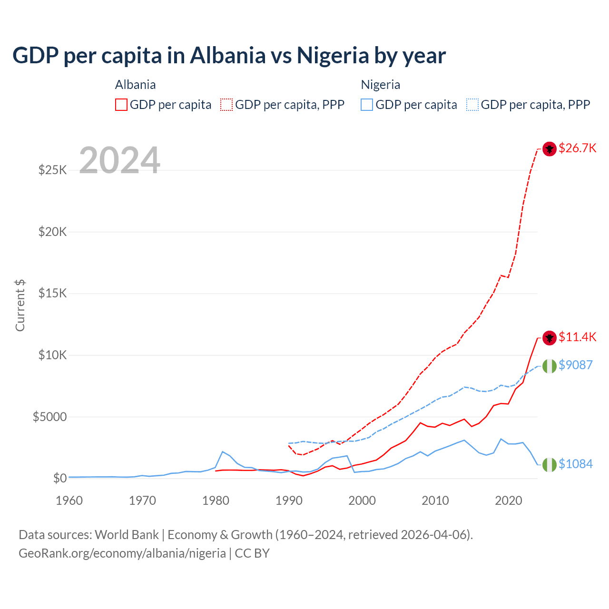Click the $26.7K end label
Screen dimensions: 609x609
[577, 148]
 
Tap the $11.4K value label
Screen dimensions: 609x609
[577, 337]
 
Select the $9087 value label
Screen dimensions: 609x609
[575, 365]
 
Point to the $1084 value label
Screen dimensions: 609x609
[575, 464]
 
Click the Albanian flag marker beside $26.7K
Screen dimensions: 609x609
[550, 149]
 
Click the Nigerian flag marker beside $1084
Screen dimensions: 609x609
[550, 465]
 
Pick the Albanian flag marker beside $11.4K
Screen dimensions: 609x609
[550, 338]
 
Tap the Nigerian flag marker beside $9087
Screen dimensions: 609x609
[550, 366]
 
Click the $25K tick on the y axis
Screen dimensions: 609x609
[52, 170]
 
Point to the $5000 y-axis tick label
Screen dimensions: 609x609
[49, 417]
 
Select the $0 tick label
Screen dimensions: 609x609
[59, 478]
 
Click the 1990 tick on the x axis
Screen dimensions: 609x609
[289, 501]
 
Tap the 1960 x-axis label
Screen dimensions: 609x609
[69, 501]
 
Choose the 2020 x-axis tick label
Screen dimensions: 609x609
[509, 501]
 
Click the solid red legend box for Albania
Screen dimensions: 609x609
[121, 105]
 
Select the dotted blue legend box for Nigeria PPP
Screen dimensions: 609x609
[472, 105]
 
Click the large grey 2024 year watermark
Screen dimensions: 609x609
[119, 160]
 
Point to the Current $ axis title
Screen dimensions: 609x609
[20, 305]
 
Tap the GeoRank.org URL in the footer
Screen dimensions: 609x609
[122, 553]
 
